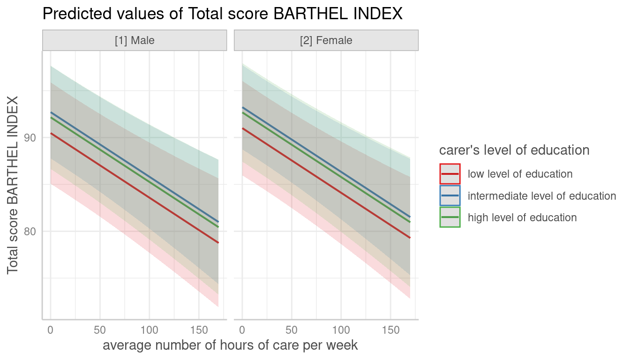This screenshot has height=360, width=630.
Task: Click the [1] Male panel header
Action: pyautogui.click(x=135, y=40)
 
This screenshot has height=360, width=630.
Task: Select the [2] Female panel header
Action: pyautogui.click(x=326, y=40)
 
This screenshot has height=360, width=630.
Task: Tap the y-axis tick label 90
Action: pyautogui.click(x=30, y=138)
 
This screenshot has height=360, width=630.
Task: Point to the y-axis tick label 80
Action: pyautogui.click(x=30, y=232)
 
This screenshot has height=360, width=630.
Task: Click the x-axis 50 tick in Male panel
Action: pyautogui.click(x=99, y=330)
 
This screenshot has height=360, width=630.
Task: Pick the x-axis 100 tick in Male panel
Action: pyautogui.click(x=149, y=330)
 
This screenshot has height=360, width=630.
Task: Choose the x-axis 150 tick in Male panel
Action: pyautogui.click(x=199, y=330)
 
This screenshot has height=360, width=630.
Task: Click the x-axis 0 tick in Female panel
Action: pyautogui.click(x=242, y=330)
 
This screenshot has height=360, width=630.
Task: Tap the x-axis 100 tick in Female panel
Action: pyautogui.click(x=341, y=330)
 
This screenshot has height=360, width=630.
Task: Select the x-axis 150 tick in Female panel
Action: pyautogui.click(x=390, y=330)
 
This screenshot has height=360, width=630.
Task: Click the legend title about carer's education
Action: pyautogui.click(x=514, y=150)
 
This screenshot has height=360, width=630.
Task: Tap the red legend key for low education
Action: pyautogui.click(x=450, y=174)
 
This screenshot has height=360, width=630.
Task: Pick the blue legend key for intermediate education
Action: pyautogui.click(x=450, y=195)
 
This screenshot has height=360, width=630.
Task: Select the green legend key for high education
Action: pyautogui.click(x=450, y=217)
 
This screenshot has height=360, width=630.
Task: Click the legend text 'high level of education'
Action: pyautogui.click(x=522, y=217)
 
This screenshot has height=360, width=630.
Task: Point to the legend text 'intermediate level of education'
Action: pyautogui.click(x=542, y=196)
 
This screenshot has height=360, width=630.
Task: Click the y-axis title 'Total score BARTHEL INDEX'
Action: pyautogui.click(x=13, y=185)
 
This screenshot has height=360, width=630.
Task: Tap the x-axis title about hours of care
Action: pyautogui.click(x=230, y=345)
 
